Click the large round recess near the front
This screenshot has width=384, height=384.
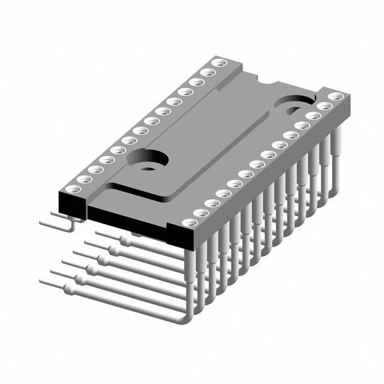(x=147, y=160)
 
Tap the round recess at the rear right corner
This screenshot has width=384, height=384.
(x=294, y=107)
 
